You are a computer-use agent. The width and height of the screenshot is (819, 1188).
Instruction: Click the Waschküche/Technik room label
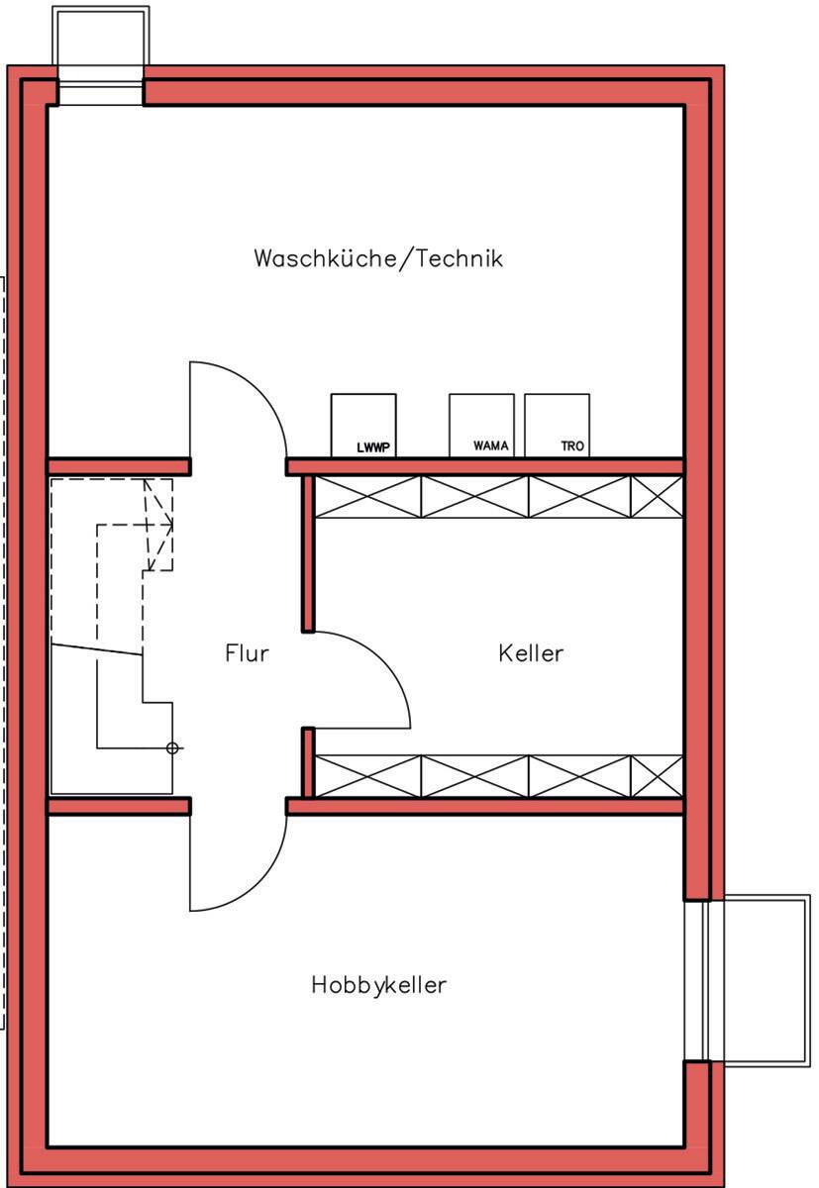[378, 258]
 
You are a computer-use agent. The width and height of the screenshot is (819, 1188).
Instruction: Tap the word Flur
[247, 653]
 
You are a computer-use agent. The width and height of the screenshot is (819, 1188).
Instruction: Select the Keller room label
[531, 653]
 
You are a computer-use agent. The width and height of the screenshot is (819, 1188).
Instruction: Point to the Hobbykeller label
[378, 985]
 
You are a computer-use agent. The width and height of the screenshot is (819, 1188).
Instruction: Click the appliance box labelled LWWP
[363, 425]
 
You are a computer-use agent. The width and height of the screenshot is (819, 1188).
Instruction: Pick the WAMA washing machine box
[481, 425]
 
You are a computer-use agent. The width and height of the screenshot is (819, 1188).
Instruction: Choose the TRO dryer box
[557, 425]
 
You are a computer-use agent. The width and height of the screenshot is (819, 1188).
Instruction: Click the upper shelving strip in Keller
[498, 496]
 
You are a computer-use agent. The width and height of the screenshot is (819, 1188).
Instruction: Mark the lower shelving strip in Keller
[498, 775]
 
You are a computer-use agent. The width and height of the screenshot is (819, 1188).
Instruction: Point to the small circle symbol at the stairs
[172, 748]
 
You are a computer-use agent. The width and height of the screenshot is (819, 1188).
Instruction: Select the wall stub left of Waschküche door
[119, 466]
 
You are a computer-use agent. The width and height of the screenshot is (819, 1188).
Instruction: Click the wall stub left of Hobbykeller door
[119, 806]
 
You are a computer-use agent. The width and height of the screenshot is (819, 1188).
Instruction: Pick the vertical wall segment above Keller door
[308, 552]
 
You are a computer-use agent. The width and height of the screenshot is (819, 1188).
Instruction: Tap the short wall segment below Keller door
[308, 762]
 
